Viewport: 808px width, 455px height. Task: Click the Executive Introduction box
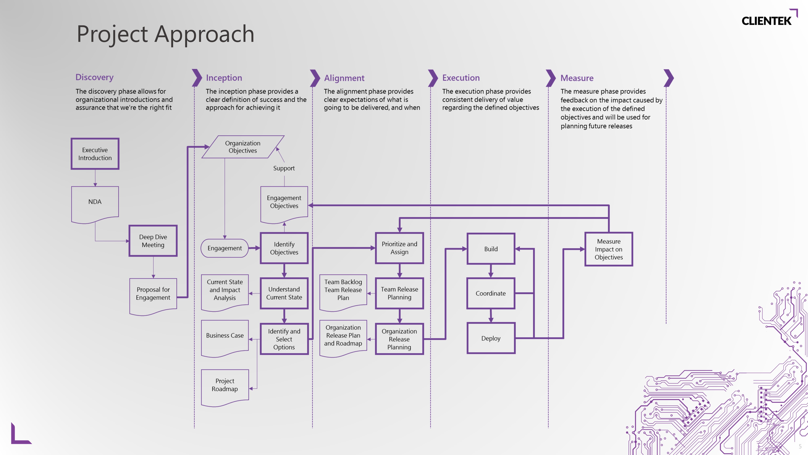point(95,154)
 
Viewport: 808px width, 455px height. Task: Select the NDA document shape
point(95,203)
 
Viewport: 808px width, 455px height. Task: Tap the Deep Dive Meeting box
point(153,241)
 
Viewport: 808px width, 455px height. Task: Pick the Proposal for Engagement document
point(153,294)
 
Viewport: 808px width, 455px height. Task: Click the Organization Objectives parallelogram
point(243,147)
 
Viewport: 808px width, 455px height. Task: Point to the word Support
point(284,168)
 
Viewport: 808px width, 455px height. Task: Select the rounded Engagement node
point(225,248)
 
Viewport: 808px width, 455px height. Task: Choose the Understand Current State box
point(284,293)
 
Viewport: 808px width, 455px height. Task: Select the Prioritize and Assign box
point(399,248)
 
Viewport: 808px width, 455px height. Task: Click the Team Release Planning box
point(399,293)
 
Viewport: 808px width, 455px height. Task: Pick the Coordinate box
point(491,293)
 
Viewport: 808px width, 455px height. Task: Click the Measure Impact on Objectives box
point(608,249)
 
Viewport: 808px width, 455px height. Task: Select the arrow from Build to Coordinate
point(491,271)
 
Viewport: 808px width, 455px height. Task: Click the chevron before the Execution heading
point(433,78)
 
